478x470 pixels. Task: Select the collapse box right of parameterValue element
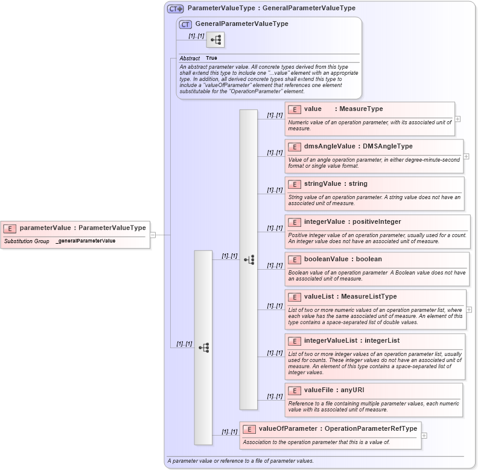pos(153,235)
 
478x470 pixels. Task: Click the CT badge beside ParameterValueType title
pos(176,8)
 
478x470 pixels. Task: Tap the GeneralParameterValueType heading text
pos(241,24)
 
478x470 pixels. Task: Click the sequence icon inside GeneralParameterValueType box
pos(215,40)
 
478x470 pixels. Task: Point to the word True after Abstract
pos(211,59)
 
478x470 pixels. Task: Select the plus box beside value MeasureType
pos(457,119)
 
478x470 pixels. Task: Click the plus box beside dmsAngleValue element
pos(466,156)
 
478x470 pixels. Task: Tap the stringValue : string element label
pos(336,184)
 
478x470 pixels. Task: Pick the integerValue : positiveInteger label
pos(352,222)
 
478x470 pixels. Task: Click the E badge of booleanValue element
pos(295,259)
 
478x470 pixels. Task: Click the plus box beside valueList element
pos(469,310)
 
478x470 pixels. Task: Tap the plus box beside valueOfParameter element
pos(424,435)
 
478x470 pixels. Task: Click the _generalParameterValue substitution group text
pos(85,241)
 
